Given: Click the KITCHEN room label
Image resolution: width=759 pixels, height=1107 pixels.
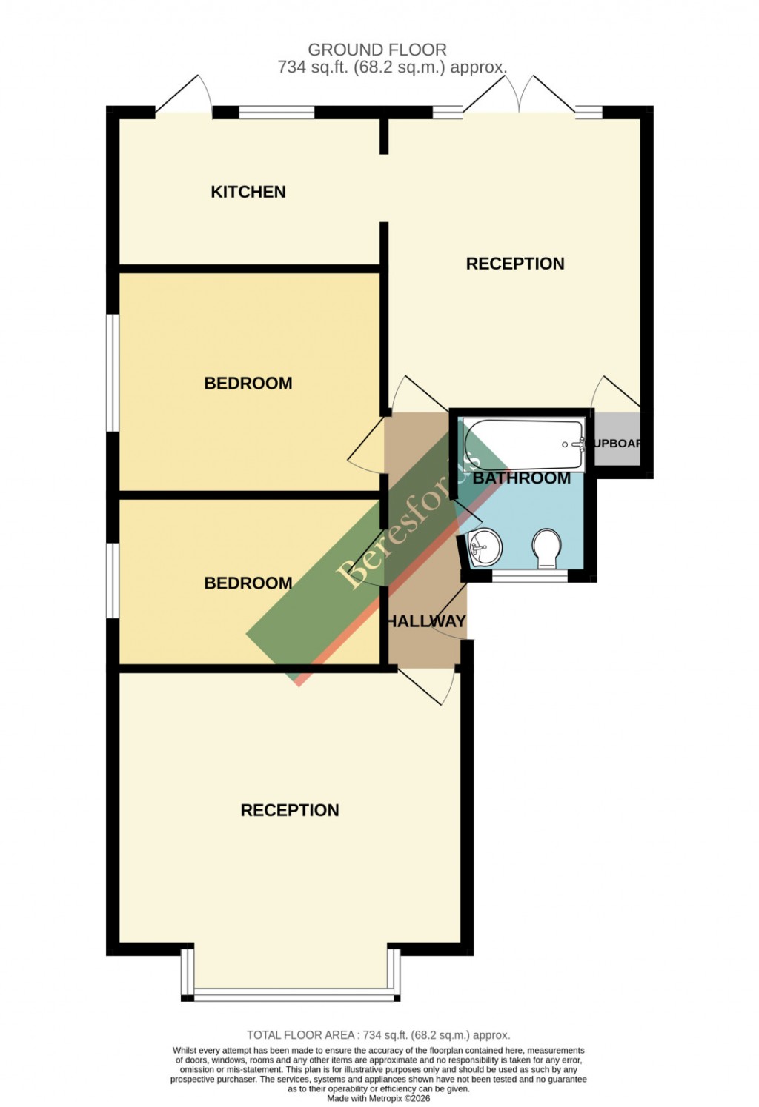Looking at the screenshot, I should (248, 192).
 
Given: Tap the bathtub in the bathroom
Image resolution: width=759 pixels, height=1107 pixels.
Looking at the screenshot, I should (523, 444).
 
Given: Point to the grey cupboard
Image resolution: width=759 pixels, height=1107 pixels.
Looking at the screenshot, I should (617, 443).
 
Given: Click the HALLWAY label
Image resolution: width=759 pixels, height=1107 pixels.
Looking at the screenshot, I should (427, 621).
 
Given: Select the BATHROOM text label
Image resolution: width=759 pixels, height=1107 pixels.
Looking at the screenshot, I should (522, 478).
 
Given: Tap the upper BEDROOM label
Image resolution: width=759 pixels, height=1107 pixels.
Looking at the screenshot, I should (248, 383).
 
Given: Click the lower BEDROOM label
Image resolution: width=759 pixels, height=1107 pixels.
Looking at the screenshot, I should (248, 583).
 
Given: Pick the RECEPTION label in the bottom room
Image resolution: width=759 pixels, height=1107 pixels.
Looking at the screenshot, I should (290, 810).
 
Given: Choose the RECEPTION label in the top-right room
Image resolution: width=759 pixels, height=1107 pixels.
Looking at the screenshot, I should (515, 264).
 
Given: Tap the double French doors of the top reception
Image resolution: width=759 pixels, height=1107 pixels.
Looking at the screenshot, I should (520, 96).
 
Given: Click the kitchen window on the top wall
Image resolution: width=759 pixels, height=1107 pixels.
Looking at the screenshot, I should (276, 113).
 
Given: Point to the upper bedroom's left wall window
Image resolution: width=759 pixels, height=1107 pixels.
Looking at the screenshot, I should (112, 372).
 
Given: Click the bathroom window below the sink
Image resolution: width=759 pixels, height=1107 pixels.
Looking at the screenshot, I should (530, 576).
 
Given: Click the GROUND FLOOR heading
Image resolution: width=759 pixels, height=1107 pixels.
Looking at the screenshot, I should (377, 50).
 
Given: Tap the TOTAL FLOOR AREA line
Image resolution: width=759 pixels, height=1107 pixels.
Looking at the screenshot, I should (378, 1035).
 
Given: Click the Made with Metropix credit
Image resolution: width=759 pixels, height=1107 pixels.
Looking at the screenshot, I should (378, 1099).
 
